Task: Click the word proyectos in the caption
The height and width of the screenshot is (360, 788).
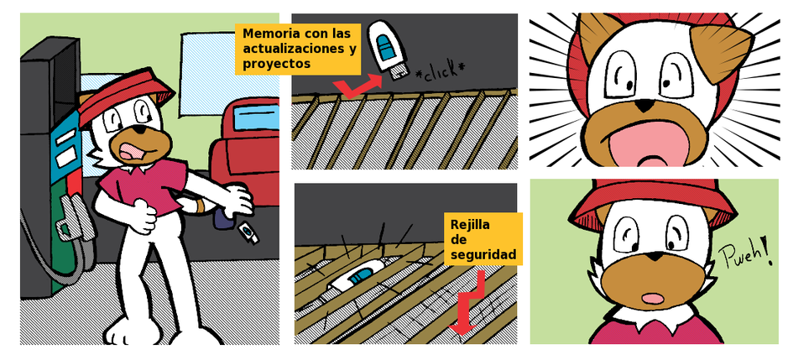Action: pos(276,65)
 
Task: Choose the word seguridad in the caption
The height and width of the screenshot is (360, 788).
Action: pos(483,255)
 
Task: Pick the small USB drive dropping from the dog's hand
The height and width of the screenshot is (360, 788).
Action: pos(248,232)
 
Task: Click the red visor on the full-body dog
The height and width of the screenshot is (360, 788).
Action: pos(126,98)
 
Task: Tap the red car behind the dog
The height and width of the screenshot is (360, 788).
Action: pos(245,151)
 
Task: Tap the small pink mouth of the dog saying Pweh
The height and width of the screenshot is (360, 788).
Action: pos(653,299)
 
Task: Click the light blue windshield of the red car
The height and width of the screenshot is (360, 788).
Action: pos(256,118)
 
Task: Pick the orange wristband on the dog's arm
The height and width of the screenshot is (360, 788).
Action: pos(200,206)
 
